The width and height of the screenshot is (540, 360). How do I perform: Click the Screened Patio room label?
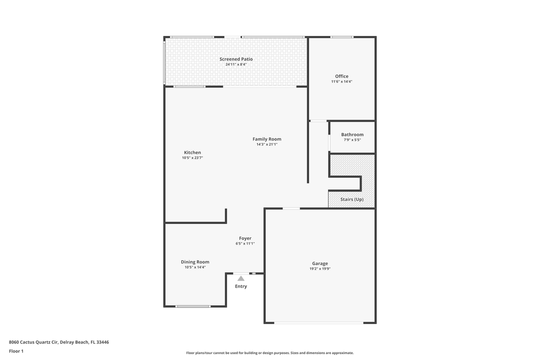[236, 59]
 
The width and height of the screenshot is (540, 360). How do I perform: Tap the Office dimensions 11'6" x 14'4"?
[341, 81]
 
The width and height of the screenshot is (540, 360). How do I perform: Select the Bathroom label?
[352, 134]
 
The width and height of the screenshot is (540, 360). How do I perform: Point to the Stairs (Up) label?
[351, 199]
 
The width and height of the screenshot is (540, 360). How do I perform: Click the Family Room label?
[266, 139]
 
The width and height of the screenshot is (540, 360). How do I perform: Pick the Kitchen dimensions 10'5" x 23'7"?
[192, 158]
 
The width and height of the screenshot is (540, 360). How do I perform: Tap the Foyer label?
[245, 238]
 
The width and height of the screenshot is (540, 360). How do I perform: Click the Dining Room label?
[195, 262]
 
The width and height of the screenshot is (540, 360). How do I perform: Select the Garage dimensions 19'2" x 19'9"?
[320, 268]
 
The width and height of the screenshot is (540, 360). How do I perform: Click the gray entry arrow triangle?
[241, 278]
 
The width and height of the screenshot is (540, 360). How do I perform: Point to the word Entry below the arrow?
[241, 286]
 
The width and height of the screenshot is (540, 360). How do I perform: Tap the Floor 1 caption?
[16, 351]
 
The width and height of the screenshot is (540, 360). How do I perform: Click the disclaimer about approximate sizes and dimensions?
[270, 353]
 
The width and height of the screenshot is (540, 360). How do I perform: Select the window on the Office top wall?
[341, 37]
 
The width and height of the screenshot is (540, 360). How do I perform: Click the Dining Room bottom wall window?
[193, 306]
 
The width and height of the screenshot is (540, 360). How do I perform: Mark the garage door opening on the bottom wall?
[319, 323]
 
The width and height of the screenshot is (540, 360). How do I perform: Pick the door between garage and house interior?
[291, 208]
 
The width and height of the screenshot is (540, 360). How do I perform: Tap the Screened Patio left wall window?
[164, 62]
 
